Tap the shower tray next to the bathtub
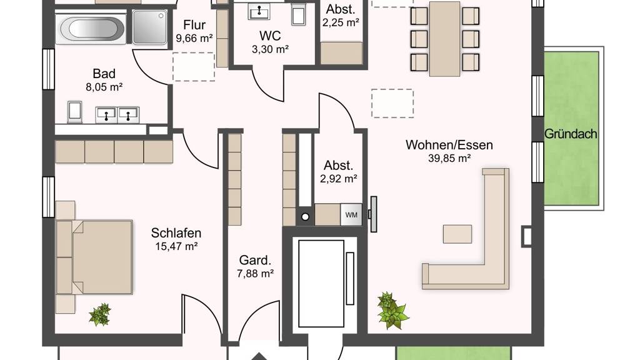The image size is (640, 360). click(149, 27)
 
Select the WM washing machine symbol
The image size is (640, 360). click(351, 215)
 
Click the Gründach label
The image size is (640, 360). click(571, 134)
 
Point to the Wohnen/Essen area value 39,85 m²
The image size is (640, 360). click(449, 158)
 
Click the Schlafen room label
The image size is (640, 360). click(176, 233)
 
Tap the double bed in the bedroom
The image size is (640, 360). click(94, 257)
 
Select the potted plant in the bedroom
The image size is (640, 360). click(99, 314)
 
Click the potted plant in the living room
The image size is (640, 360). click(392, 310)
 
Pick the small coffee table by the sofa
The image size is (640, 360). click(457, 234)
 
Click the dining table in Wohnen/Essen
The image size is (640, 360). click(444, 39)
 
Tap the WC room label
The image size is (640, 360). click(270, 36)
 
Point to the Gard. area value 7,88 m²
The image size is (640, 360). click(255, 274)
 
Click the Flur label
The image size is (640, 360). click(194, 25)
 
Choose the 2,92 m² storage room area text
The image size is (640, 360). click(338, 179)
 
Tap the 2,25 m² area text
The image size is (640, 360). click(341, 22)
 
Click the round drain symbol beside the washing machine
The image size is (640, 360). click(305, 217)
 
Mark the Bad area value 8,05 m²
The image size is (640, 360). click(104, 87)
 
